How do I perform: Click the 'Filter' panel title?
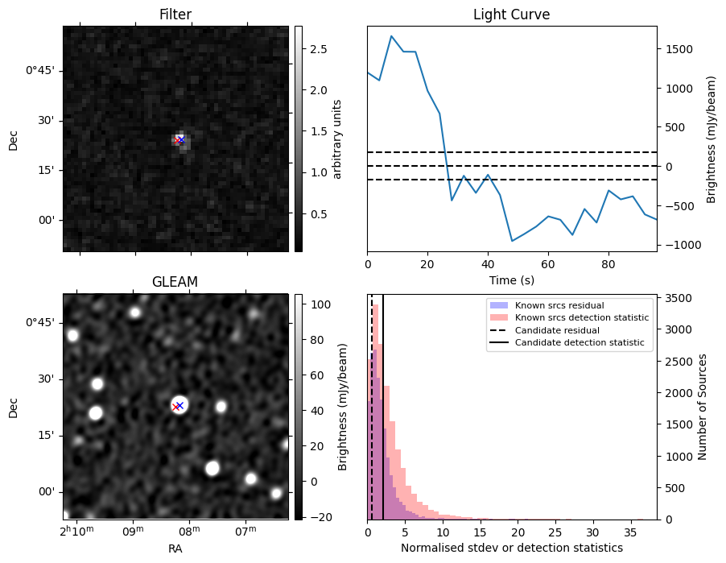click(x=175, y=14)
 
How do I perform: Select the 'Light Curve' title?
click(x=511, y=14)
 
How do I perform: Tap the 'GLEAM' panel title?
click(x=175, y=282)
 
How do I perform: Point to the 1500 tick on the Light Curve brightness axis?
click(x=678, y=49)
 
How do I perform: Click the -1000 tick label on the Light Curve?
click(x=679, y=245)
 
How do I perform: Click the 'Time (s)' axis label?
click(x=511, y=279)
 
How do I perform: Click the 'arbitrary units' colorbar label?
click(x=337, y=139)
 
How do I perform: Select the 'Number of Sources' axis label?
click(x=702, y=406)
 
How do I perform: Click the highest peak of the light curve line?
click(x=391, y=36)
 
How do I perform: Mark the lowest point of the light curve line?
click(x=512, y=241)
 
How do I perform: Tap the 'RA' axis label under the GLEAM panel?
click(x=175, y=549)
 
